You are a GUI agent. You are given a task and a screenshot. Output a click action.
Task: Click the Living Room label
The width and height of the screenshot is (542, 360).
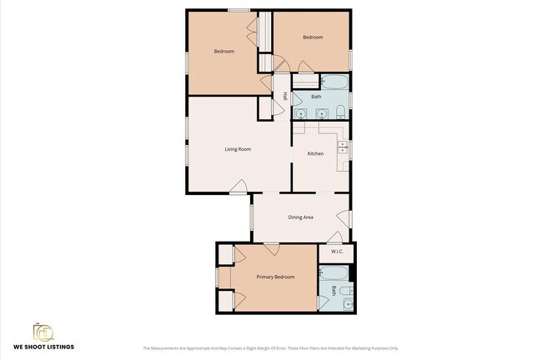(x=238, y=150)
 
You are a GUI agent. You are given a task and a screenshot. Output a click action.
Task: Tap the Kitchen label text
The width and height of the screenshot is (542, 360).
(x=315, y=153)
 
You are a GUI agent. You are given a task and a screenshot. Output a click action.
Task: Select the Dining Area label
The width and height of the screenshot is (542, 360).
(x=300, y=217)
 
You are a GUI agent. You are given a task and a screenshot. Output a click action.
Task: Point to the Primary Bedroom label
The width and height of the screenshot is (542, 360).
(x=275, y=277)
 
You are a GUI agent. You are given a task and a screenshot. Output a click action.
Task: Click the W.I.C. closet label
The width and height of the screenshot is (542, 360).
(x=337, y=251)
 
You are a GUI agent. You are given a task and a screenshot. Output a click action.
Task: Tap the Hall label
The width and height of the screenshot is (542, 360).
(x=285, y=97)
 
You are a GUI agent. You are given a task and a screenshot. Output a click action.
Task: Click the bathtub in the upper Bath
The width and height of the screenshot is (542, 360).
(x=334, y=82)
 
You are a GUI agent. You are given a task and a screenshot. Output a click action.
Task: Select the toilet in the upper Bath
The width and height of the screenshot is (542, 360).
(x=341, y=112)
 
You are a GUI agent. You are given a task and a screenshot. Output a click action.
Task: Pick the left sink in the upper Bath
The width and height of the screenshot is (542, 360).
(x=301, y=113)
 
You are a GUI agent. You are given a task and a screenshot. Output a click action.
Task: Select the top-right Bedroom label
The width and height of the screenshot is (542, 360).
(x=313, y=37)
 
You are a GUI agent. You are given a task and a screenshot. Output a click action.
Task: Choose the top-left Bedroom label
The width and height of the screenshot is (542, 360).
(x=223, y=52)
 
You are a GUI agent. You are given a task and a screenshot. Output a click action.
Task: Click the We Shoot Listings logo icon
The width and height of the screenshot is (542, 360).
(x=43, y=332)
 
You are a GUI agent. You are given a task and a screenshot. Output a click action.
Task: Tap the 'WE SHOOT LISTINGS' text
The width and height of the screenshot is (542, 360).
(x=43, y=347)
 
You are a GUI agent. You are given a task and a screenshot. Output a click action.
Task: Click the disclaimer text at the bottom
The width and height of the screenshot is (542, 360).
(x=271, y=348)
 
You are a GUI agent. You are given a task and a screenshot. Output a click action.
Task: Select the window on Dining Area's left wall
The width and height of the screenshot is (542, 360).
(x=253, y=216)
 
